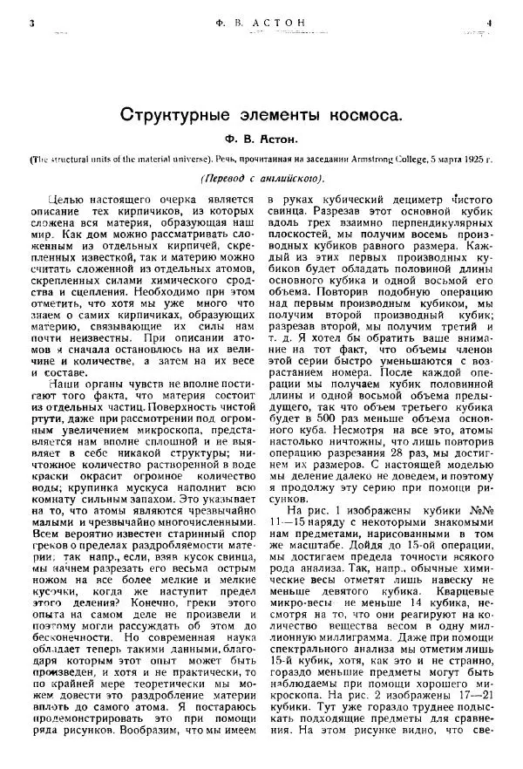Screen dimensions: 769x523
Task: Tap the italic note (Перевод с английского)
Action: coord(261,179)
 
